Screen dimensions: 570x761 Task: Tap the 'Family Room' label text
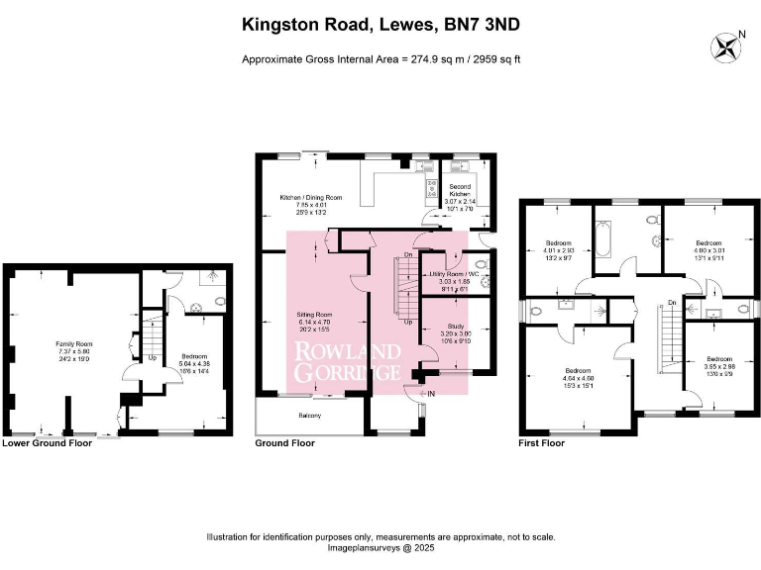coord(72,342)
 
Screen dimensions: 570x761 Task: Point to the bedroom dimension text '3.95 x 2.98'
coord(720,365)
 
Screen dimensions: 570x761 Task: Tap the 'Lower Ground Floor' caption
coord(48,443)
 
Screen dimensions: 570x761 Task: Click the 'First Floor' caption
coord(542,443)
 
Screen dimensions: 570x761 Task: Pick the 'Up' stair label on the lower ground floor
coord(152,357)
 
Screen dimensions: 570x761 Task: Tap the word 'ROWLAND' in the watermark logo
coord(347,352)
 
